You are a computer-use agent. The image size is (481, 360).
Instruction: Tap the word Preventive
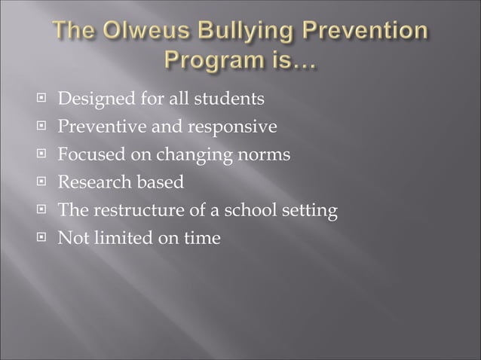click(98, 127)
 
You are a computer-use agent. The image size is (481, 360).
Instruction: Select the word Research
click(94, 183)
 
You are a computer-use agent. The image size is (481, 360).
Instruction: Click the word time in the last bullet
click(202, 239)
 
